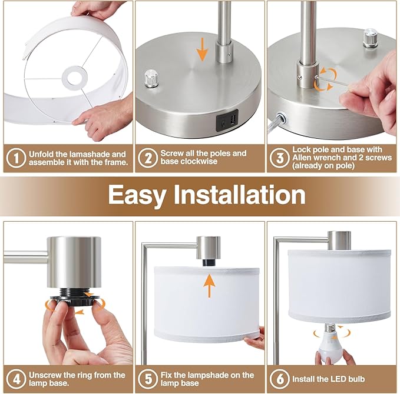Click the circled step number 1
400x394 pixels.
pos(16,158)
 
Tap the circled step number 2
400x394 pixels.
pos(148,158)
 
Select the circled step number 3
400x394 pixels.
pos(279,158)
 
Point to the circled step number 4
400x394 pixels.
pos(16,379)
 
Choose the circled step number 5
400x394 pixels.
pos(148,379)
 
